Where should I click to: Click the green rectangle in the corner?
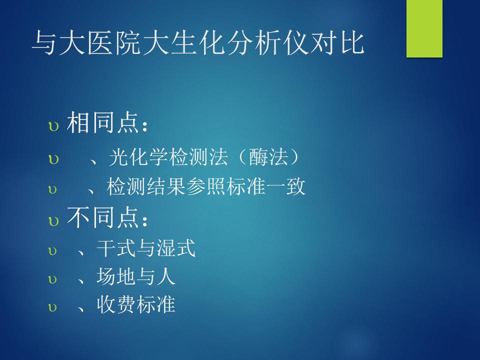424,28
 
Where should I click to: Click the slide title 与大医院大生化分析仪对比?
198,43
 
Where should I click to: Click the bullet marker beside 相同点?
53,126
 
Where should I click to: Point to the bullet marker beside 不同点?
53,221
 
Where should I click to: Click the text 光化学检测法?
168,157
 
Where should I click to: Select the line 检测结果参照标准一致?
206,186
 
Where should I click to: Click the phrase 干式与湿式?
146,247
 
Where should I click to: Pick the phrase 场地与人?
136,276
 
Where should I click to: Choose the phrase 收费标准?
136,304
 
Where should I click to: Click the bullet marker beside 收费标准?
52,307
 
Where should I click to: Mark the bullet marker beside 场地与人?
52,279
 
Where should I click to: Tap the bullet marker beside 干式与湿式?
52,251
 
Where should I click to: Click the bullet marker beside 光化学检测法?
53,159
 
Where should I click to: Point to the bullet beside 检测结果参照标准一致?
52,189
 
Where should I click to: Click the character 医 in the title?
100,43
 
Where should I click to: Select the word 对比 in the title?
337,43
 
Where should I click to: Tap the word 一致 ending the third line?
286,186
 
